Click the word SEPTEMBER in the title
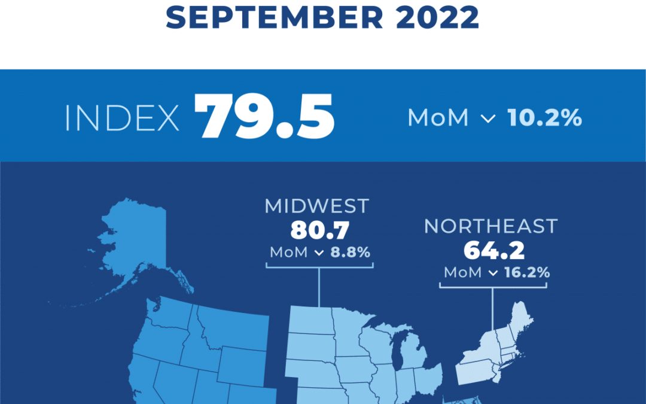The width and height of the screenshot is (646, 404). [274, 18]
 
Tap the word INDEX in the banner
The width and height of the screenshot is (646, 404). [122, 119]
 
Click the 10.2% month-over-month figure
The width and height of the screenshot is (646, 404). [544, 118]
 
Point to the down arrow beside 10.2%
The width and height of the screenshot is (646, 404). [489, 119]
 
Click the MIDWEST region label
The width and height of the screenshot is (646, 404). [317, 206]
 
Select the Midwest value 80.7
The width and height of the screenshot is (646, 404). [317, 230]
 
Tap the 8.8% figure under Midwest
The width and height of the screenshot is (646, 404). [351, 252]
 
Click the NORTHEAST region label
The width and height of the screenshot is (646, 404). [491, 226]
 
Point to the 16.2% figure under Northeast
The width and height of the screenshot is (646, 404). [526, 273]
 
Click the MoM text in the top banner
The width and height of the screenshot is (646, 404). [438, 118]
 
